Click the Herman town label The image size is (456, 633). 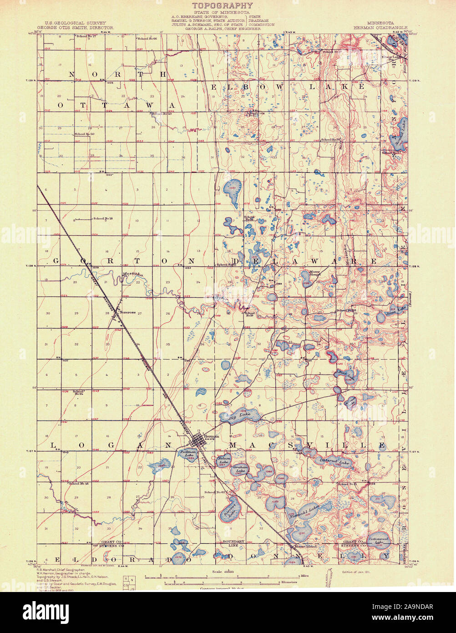pyautogui.click(x=212, y=436)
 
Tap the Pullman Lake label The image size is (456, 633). pyautogui.click(x=187, y=453)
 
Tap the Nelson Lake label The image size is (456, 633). pyautogui.click(x=223, y=460)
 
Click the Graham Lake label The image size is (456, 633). pyautogui.click(x=240, y=469)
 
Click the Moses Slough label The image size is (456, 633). pyautogui.click(x=315, y=273)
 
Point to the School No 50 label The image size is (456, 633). pyautogui.click(x=85, y=134)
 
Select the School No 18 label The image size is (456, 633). pyautogui.click(x=103, y=219)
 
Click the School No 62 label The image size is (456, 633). pyautogui.click(x=215, y=492)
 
